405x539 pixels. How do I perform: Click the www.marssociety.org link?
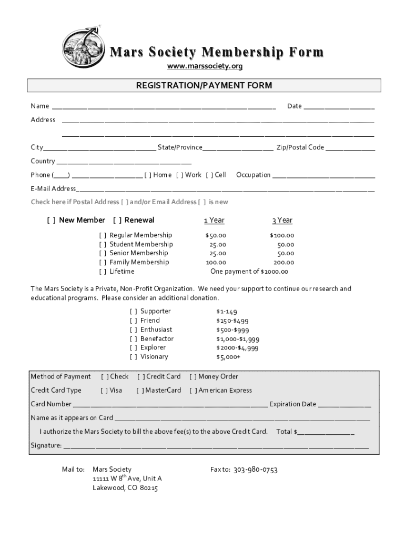pyautogui.click(x=205, y=66)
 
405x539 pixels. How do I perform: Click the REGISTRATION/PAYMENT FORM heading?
pyautogui.click(x=204, y=85)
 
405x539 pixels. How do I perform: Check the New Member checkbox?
pyautogui.click(x=52, y=220)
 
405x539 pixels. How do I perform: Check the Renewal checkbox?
pyautogui.click(x=117, y=220)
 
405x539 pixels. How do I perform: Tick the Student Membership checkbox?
pyautogui.click(x=103, y=244)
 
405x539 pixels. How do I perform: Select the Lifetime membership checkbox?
pyautogui.click(x=103, y=272)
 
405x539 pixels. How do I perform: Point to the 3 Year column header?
pyautogui.click(x=282, y=220)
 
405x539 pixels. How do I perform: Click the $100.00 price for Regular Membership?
pyautogui.click(x=282, y=235)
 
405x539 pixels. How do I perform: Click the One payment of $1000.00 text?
pyautogui.click(x=249, y=272)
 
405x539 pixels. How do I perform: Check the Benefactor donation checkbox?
pyautogui.click(x=134, y=338)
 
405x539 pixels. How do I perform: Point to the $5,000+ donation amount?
pyautogui.click(x=228, y=357)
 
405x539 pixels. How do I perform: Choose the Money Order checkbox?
pyautogui.click(x=193, y=376)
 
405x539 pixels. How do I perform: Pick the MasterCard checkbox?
pyautogui.click(x=140, y=390)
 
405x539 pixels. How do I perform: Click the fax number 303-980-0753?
pyautogui.click(x=255, y=470)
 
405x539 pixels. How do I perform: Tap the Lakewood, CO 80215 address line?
pyautogui.click(x=125, y=488)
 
